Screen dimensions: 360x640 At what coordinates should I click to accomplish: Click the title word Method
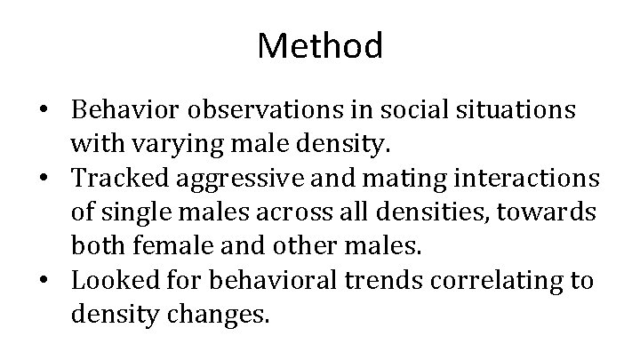pyautogui.click(x=320, y=45)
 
